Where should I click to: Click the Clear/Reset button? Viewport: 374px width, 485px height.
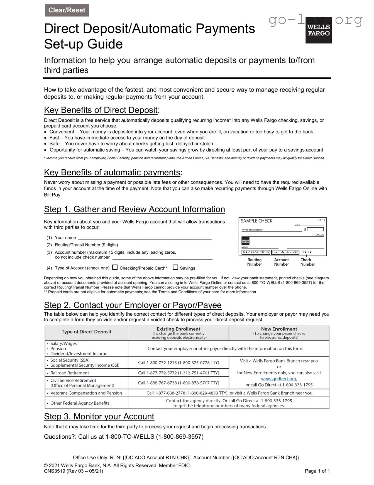(x=67, y=10)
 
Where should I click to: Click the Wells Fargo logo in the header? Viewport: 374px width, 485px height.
(x=318, y=30)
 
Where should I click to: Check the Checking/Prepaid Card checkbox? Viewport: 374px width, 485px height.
(x=115, y=267)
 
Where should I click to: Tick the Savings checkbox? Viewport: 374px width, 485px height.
(x=175, y=267)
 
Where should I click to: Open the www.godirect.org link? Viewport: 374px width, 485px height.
(x=279, y=379)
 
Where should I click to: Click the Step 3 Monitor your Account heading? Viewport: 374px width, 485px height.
(x=99, y=416)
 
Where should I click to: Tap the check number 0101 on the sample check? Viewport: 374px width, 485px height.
(x=321, y=220)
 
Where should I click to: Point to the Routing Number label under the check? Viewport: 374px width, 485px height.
(x=255, y=262)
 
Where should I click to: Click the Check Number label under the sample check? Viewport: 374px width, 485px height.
(x=307, y=262)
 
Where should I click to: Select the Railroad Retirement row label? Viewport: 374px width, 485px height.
(x=70, y=373)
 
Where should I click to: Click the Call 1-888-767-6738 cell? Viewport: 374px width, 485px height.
(x=179, y=383)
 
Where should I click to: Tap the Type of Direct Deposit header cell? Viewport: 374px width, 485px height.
(x=86, y=332)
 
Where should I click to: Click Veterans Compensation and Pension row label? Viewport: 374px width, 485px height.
(x=86, y=393)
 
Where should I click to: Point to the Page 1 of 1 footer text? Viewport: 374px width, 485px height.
(x=317, y=471)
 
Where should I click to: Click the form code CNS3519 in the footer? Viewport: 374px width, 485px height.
(x=54, y=471)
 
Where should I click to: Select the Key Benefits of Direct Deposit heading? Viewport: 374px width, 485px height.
(x=101, y=110)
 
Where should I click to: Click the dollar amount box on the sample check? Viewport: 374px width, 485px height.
(x=315, y=229)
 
